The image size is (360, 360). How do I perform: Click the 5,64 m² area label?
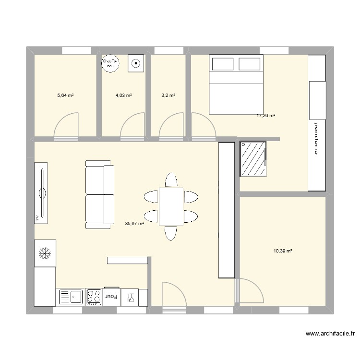point(65,96)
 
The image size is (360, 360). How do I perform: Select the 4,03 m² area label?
point(123,96)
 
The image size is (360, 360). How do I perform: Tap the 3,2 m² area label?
point(168,96)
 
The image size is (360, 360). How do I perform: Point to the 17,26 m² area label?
point(266,115)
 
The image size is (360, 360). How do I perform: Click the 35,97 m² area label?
point(134,223)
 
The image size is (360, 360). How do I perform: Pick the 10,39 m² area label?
point(283,251)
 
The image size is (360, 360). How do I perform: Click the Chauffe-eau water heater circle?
point(111,64)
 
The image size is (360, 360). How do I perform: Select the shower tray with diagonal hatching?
point(253,159)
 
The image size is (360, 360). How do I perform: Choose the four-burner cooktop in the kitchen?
point(94,297)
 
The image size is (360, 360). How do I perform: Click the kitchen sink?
point(70,297)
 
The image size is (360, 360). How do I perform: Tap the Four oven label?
point(112,297)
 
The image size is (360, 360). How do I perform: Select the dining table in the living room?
point(171,206)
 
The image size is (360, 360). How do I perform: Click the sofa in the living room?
point(99,195)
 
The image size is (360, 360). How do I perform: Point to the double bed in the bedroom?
point(236,85)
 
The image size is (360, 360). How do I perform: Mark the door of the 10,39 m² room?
point(251,291)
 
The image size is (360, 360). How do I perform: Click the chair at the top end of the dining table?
point(171,180)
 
